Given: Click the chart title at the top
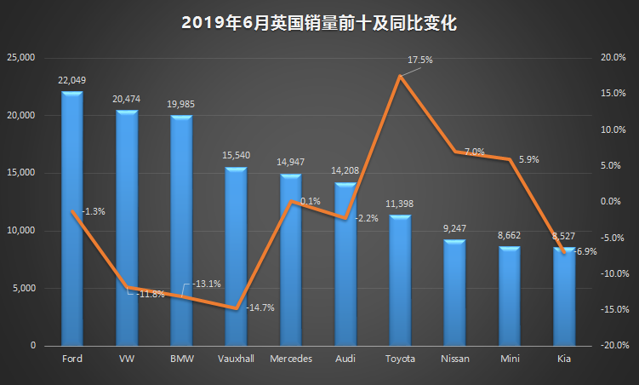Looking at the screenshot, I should (x=319, y=23).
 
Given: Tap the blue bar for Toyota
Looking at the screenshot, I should (x=400, y=281).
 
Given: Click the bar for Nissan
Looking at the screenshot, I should (x=455, y=294).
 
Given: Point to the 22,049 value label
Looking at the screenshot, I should (x=72, y=79).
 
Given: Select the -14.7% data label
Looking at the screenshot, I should (x=260, y=307).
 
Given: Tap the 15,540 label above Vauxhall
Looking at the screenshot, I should (x=236, y=156).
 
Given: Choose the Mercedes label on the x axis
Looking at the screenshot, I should (x=291, y=359).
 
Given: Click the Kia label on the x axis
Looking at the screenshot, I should (x=564, y=359).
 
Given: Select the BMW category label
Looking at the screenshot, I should (x=181, y=359).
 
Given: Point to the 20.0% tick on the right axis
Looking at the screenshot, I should (x=613, y=58).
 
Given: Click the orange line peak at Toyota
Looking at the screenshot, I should (x=400, y=76).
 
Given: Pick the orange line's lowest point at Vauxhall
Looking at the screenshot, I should (x=236, y=307).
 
